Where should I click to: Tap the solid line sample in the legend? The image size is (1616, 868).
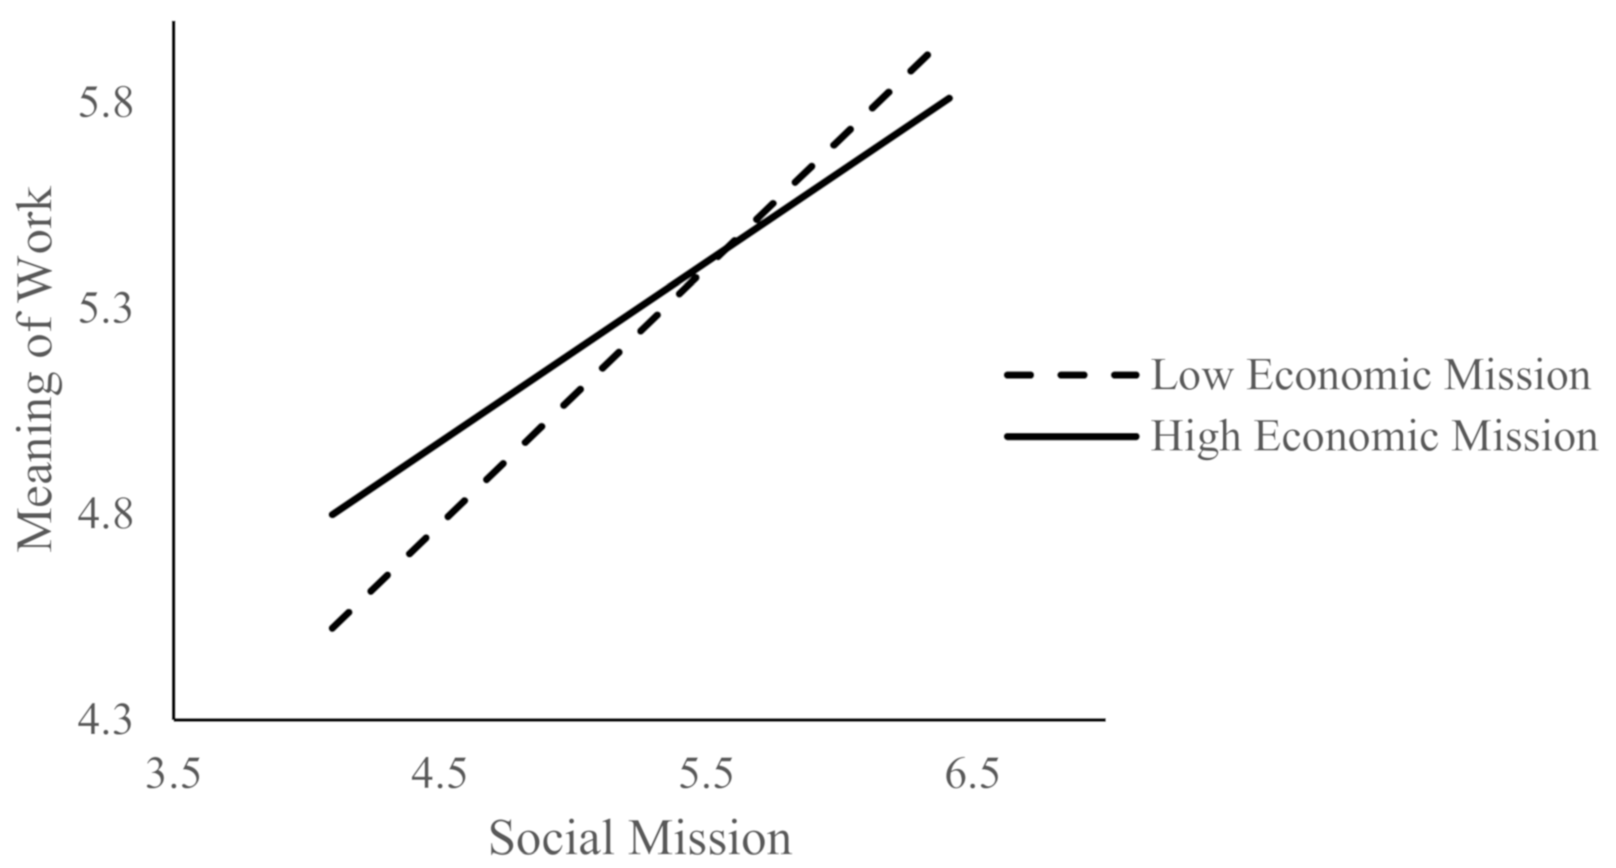(1071, 436)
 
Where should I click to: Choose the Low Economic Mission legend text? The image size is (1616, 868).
(1371, 375)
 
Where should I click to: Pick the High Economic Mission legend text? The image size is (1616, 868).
(1374, 436)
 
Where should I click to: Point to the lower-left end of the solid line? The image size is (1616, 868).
(332, 514)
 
